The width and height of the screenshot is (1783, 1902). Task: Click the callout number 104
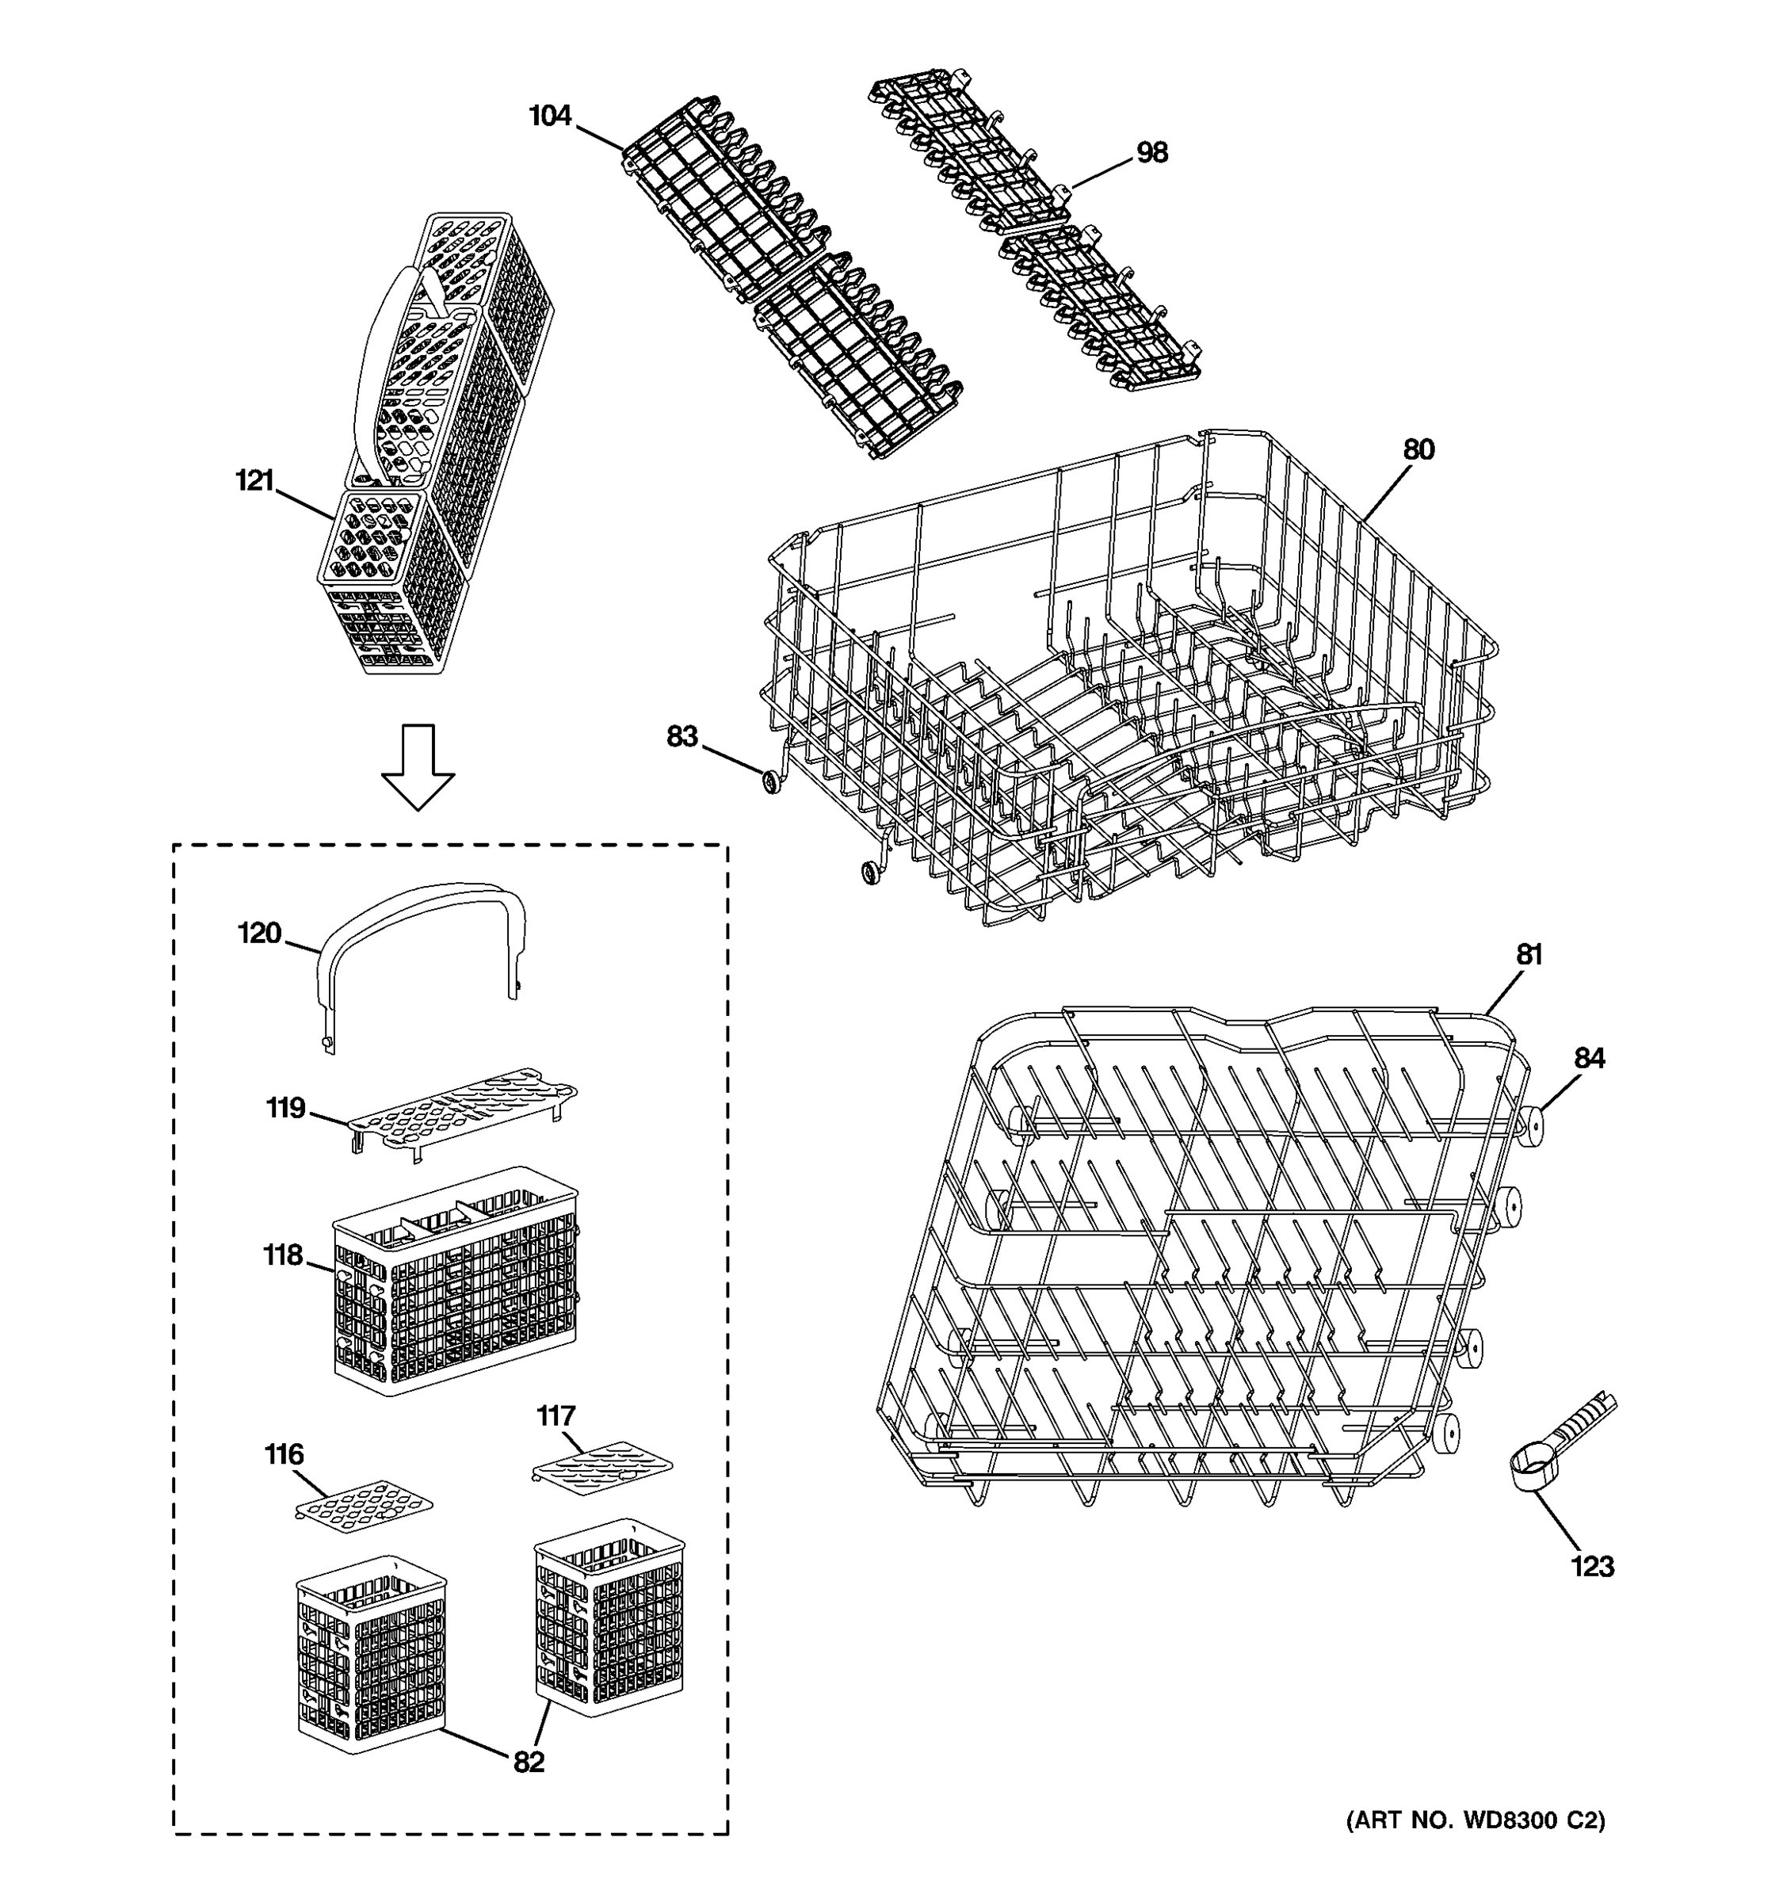pos(550,116)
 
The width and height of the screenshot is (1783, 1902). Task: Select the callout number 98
pos(1151,153)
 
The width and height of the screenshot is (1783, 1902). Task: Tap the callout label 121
pos(254,480)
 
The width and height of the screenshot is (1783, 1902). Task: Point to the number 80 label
pos(1418,449)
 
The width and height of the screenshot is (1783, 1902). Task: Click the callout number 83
pos(682,737)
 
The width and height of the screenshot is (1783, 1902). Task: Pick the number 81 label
pos(1529,954)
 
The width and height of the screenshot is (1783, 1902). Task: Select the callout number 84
pos(1589,1058)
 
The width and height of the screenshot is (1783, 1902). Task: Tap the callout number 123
pos(1592,1566)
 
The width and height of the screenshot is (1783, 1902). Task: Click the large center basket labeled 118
pos(456,1282)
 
